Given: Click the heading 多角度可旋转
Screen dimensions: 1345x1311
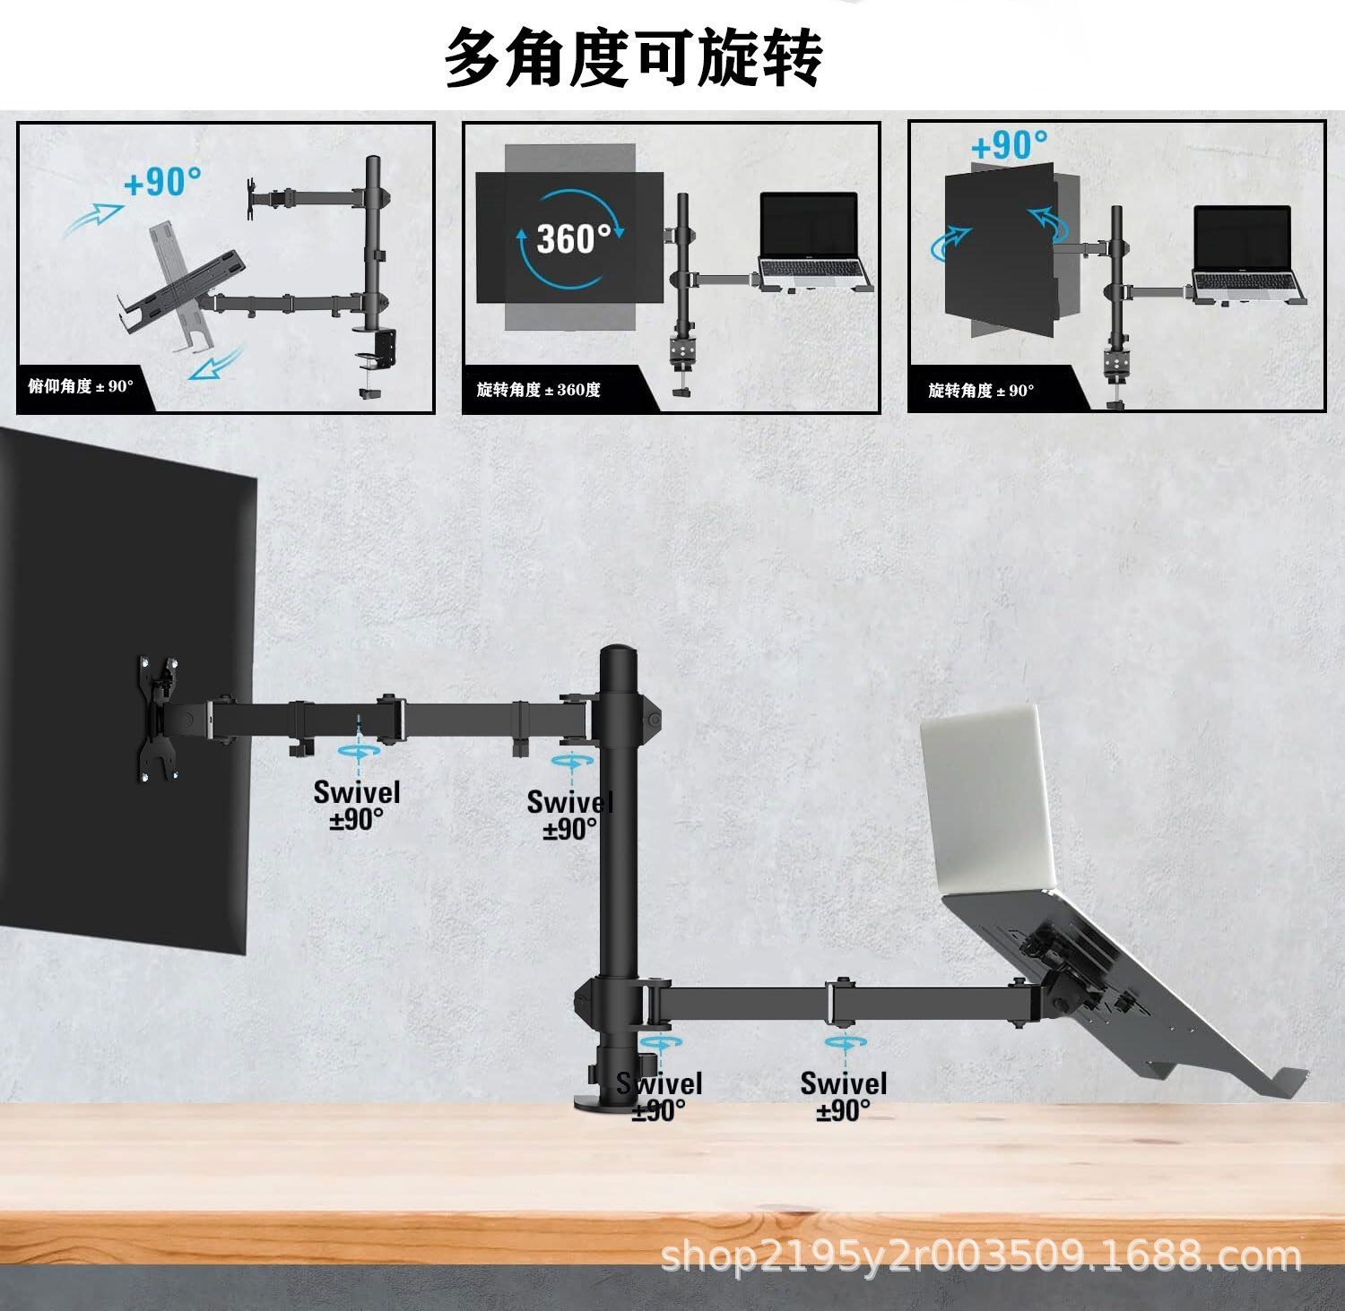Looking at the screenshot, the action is (633, 57).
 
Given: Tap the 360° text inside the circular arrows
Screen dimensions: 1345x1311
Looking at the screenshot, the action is (572, 238).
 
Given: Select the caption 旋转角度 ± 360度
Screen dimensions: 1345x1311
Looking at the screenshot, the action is (538, 390).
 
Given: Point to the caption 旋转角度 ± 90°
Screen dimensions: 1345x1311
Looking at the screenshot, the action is (981, 391).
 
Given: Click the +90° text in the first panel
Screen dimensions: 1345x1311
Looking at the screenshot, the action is (162, 182).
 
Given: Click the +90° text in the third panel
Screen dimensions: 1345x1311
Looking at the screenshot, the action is (1009, 145).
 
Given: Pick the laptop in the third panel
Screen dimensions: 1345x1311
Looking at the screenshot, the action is (1245, 254).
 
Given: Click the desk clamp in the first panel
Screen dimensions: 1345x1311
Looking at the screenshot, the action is (377, 358).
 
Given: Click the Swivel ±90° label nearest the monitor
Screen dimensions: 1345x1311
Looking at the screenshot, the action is (357, 805).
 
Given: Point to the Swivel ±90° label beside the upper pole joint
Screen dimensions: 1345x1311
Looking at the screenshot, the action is (568, 814).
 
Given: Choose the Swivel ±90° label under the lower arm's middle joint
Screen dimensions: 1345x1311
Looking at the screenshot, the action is (843, 1095).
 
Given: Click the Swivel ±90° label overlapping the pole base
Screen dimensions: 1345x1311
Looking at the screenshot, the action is (659, 1095).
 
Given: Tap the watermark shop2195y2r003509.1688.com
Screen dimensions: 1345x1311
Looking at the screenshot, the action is (981, 1256).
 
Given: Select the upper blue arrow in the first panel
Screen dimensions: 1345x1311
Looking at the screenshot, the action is (94, 218).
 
